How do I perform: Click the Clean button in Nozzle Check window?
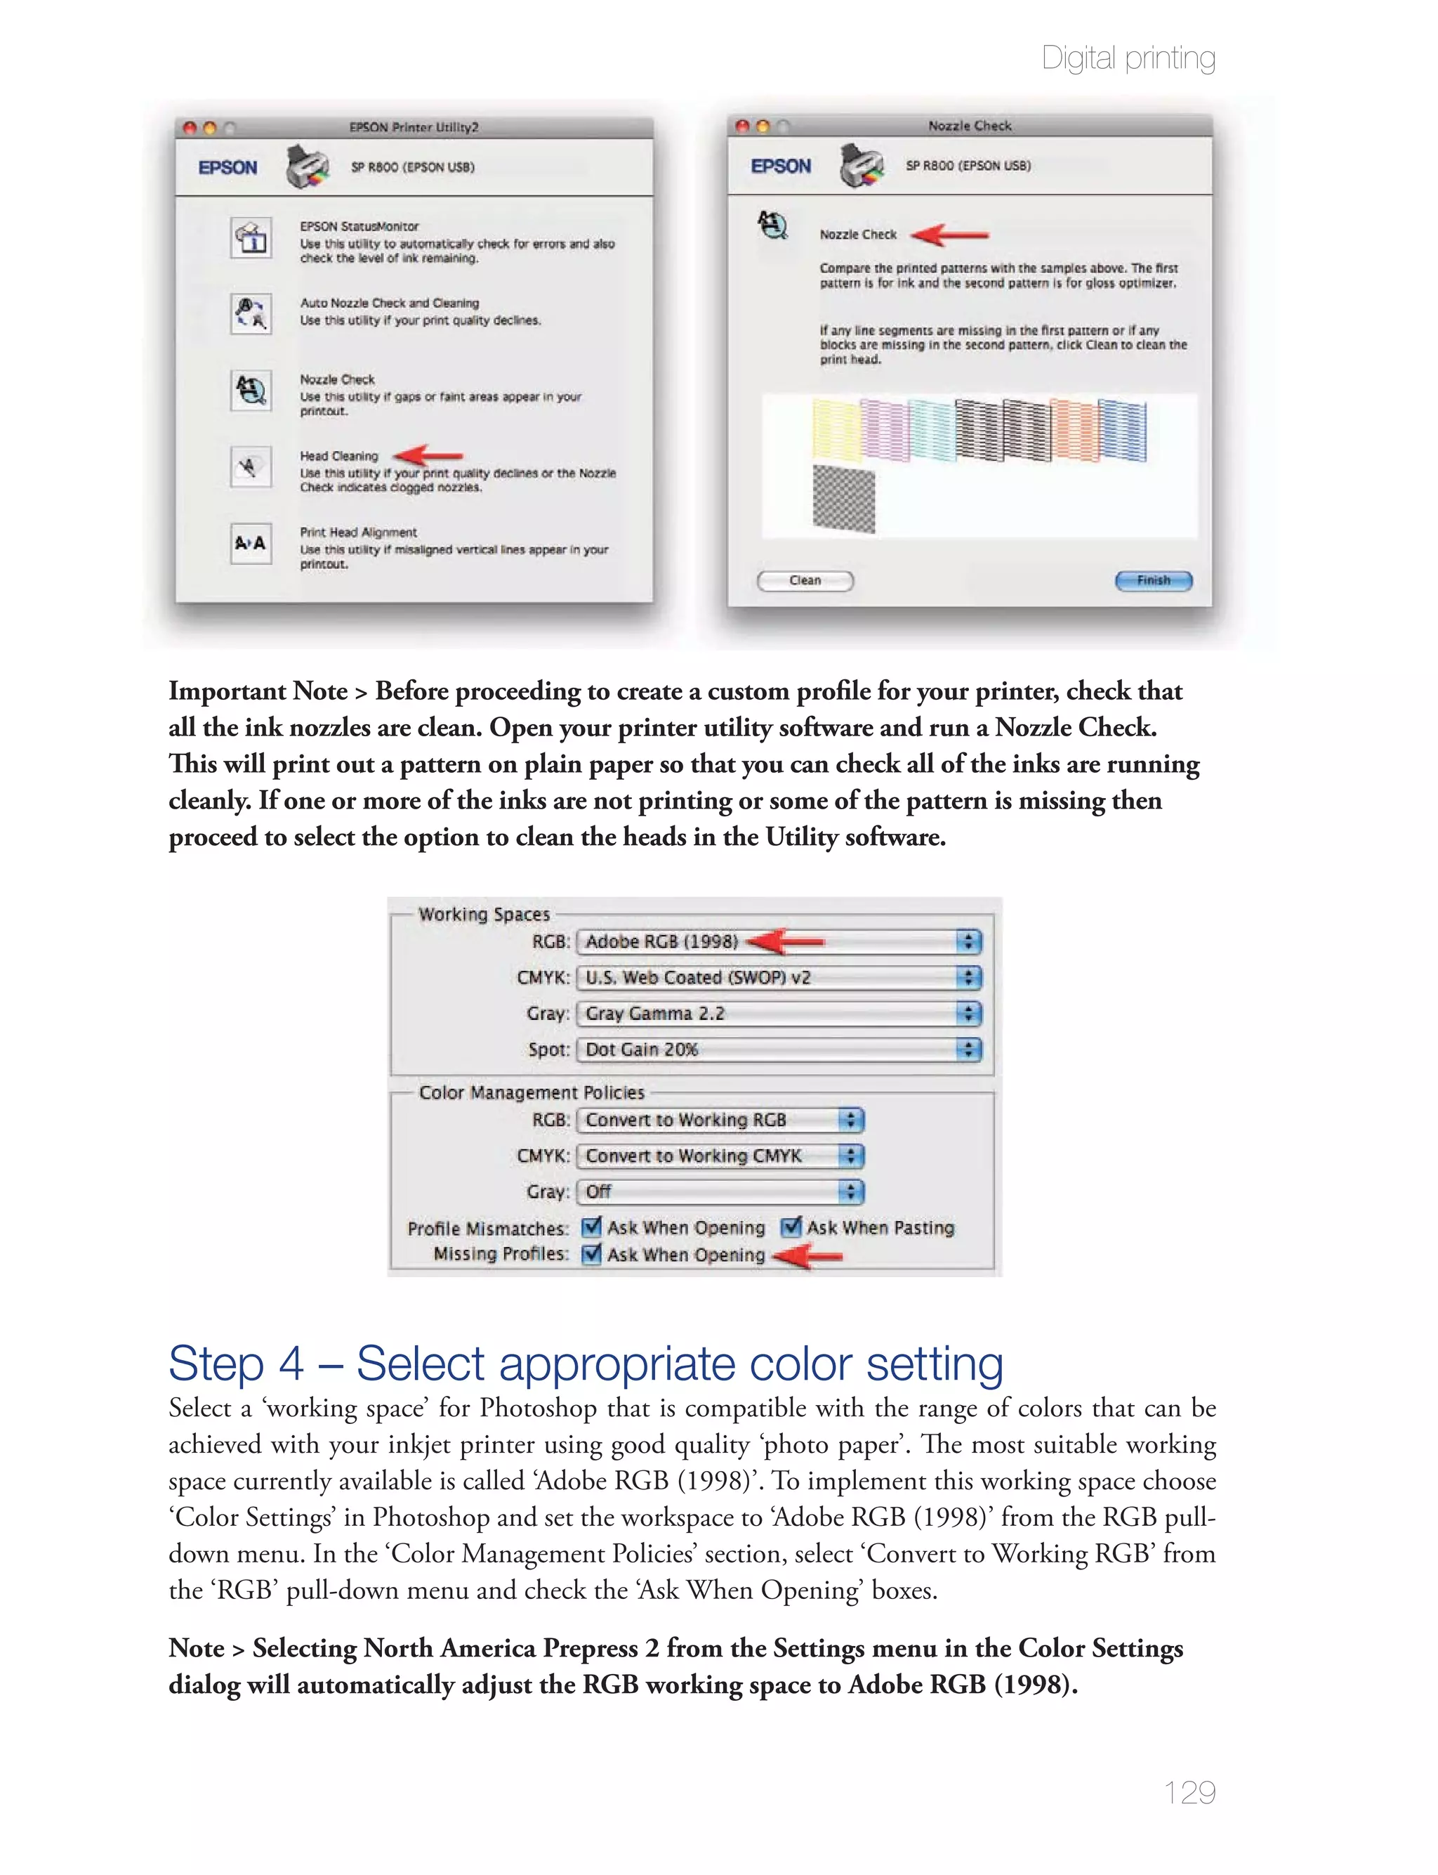pyautogui.click(x=805, y=580)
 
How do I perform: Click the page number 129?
pyautogui.click(x=1189, y=1792)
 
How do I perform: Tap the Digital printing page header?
pyautogui.click(x=1128, y=58)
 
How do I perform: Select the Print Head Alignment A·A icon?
pyautogui.click(x=251, y=543)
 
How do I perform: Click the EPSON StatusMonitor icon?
pyautogui.click(x=251, y=238)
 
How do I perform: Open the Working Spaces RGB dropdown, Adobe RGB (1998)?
pyautogui.click(x=779, y=942)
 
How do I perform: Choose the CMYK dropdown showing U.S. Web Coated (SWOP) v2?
pyautogui.click(x=779, y=978)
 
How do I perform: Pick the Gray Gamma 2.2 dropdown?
pyautogui.click(x=779, y=1014)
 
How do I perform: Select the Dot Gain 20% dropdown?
pyautogui.click(x=779, y=1050)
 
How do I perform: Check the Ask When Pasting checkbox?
pyautogui.click(x=792, y=1227)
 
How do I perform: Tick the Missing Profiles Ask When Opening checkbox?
pyautogui.click(x=591, y=1254)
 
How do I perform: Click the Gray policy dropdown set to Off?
pyautogui.click(x=720, y=1191)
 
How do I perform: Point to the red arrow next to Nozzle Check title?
pyautogui.click(x=950, y=234)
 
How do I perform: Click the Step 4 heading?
pyautogui.click(x=586, y=1363)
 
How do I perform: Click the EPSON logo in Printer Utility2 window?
pyautogui.click(x=227, y=168)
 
